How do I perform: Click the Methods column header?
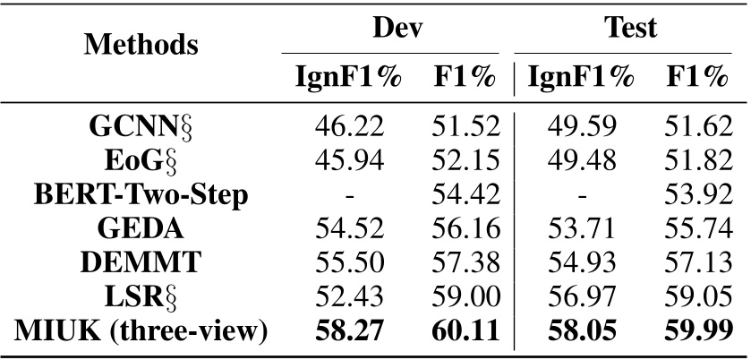142,43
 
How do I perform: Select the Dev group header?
397,29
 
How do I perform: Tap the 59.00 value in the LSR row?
464,296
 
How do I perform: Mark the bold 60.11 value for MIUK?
464,330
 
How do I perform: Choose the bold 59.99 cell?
696,330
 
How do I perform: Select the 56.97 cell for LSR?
583,296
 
